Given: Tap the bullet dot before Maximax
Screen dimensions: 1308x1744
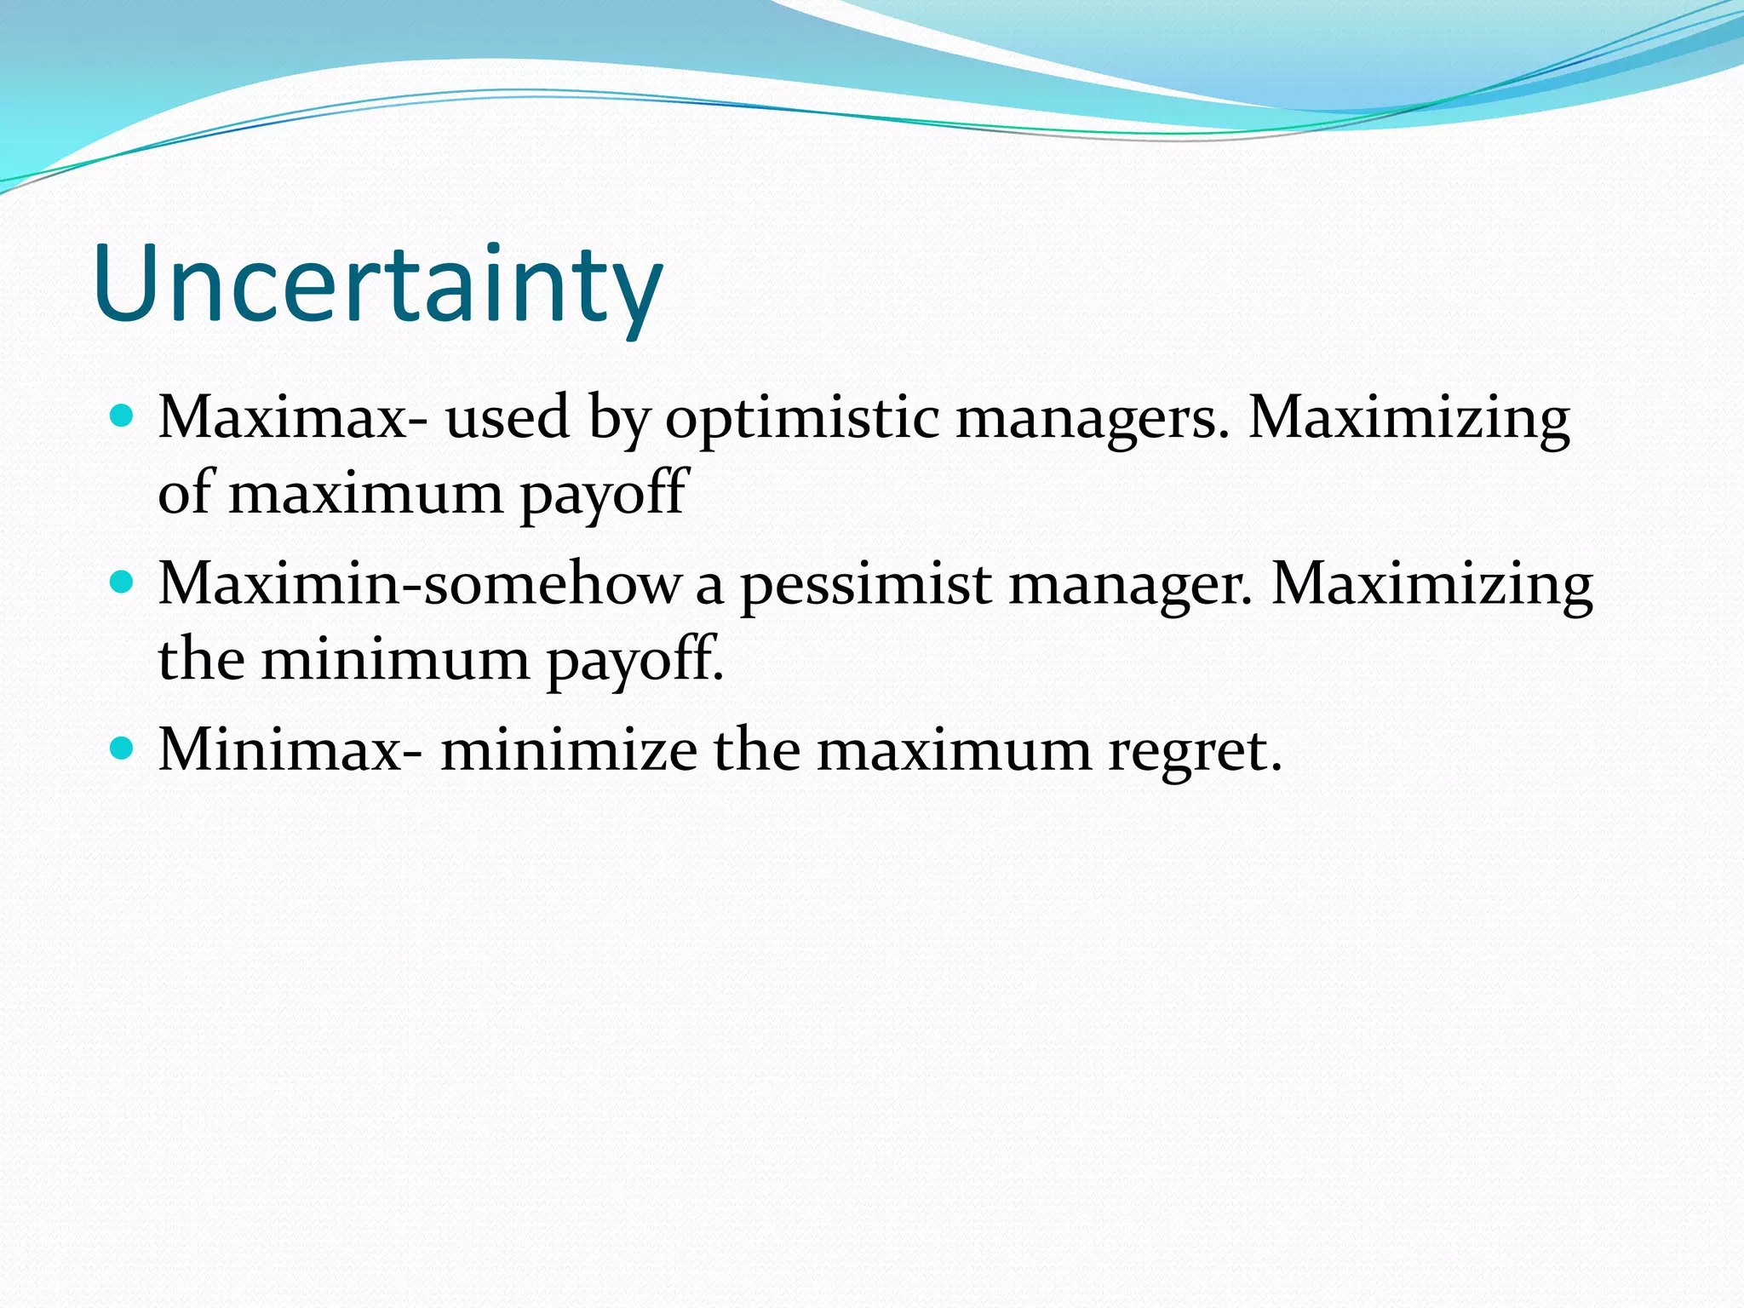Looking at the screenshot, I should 123,416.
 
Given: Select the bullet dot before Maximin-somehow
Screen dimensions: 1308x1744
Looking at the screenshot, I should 123,582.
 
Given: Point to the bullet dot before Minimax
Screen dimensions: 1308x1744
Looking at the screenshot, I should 123,749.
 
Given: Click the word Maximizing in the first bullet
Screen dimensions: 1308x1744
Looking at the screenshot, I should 1409,419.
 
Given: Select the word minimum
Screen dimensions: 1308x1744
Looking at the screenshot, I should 395,659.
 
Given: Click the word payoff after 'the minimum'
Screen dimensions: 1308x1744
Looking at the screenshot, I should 634,661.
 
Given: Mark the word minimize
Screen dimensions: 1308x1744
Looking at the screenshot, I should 569,750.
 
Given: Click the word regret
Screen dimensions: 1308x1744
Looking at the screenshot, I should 1195,752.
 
